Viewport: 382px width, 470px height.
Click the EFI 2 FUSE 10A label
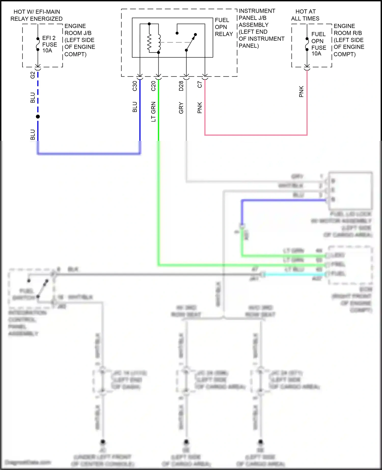click(x=49, y=44)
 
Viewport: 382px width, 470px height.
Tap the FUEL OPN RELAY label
click(x=224, y=27)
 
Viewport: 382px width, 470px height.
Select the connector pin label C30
click(x=135, y=86)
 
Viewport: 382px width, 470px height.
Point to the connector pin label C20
click(x=153, y=86)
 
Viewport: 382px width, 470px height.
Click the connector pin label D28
click(x=181, y=86)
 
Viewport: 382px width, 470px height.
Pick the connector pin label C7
click(x=200, y=85)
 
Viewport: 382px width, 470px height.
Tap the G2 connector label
click(x=33, y=75)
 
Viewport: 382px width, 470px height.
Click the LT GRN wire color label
click(x=153, y=112)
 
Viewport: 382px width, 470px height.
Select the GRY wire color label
click(x=181, y=108)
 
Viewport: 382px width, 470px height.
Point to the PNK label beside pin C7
click(x=200, y=108)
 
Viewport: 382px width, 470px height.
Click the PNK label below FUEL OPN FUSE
click(x=301, y=91)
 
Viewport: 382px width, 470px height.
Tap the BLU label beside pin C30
click(x=135, y=107)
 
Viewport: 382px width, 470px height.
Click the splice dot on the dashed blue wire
click(x=38, y=117)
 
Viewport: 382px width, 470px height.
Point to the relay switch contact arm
click(x=190, y=43)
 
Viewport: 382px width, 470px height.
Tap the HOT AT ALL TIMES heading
click(x=305, y=15)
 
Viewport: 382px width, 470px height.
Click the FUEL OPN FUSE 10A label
click(x=318, y=44)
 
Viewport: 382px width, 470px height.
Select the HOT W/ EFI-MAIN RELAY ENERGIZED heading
click(x=36, y=15)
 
